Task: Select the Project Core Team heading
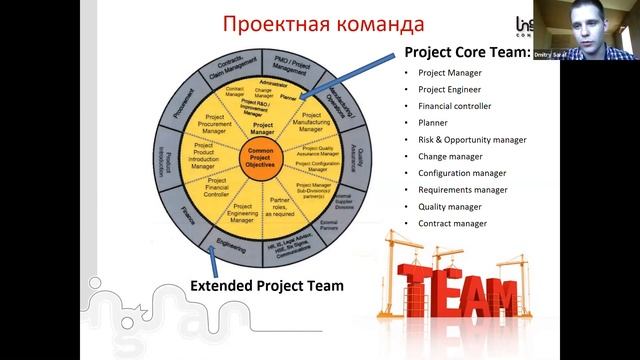[x=466, y=53]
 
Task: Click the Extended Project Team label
[x=267, y=286]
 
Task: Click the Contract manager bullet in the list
[x=452, y=223]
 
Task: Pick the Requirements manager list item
[x=463, y=190]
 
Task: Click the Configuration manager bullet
[x=463, y=173]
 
